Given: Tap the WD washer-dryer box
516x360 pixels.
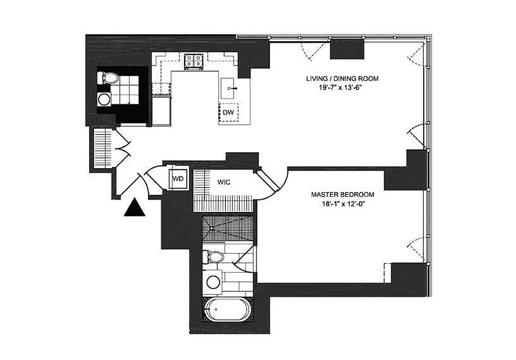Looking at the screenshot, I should pyautogui.click(x=178, y=178).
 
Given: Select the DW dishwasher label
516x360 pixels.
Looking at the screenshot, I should pyautogui.click(x=228, y=112).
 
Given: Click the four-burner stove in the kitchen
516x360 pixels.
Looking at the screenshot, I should pyautogui.click(x=194, y=62).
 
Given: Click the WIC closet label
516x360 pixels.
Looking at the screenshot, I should pyautogui.click(x=224, y=183).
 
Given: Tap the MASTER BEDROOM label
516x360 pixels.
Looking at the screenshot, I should pyautogui.click(x=343, y=195).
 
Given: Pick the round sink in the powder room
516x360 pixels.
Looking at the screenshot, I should pyautogui.click(x=105, y=99).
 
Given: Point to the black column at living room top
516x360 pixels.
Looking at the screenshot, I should pyautogui.click(x=347, y=49).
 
